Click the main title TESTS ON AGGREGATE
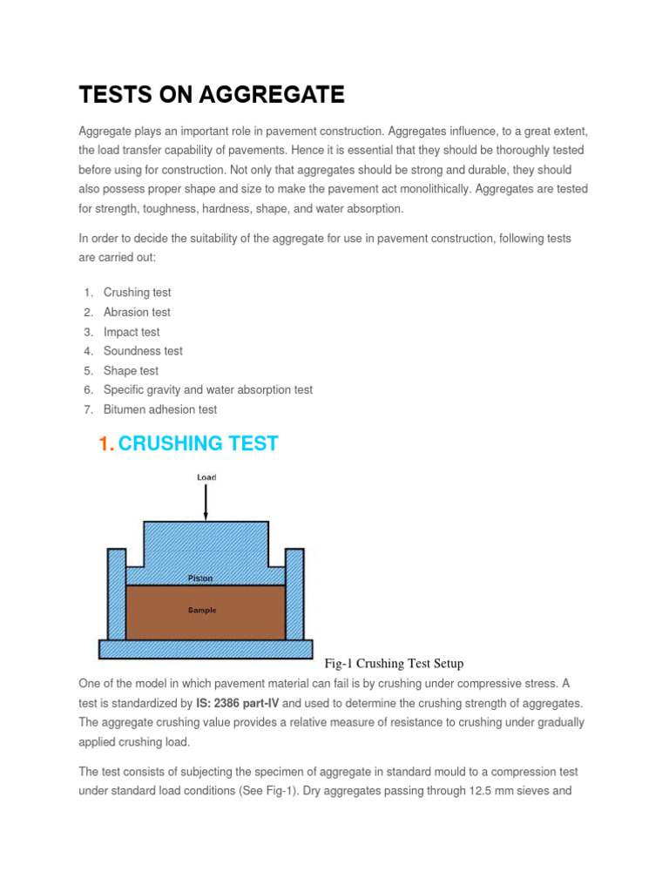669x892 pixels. pyautogui.click(x=212, y=94)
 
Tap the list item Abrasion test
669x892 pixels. pyautogui.click(x=137, y=312)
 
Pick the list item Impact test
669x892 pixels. pyautogui.click(x=132, y=332)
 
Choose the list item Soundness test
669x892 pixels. pyautogui.click(x=143, y=351)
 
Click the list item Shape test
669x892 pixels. pyautogui.click(x=131, y=370)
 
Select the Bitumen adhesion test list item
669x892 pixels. pyautogui.click(x=160, y=409)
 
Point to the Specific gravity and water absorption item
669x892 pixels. pyautogui.click(x=207, y=390)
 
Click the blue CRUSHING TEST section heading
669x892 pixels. pyautogui.click(x=198, y=443)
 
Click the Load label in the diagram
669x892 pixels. pyautogui.click(x=206, y=477)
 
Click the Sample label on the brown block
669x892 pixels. pyautogui.click(x=202, y=611)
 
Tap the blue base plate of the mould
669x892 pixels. pyautogui.click(x=206, y=649)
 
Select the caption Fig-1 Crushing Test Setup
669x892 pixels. pyautogui.click(x=394, y=664)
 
